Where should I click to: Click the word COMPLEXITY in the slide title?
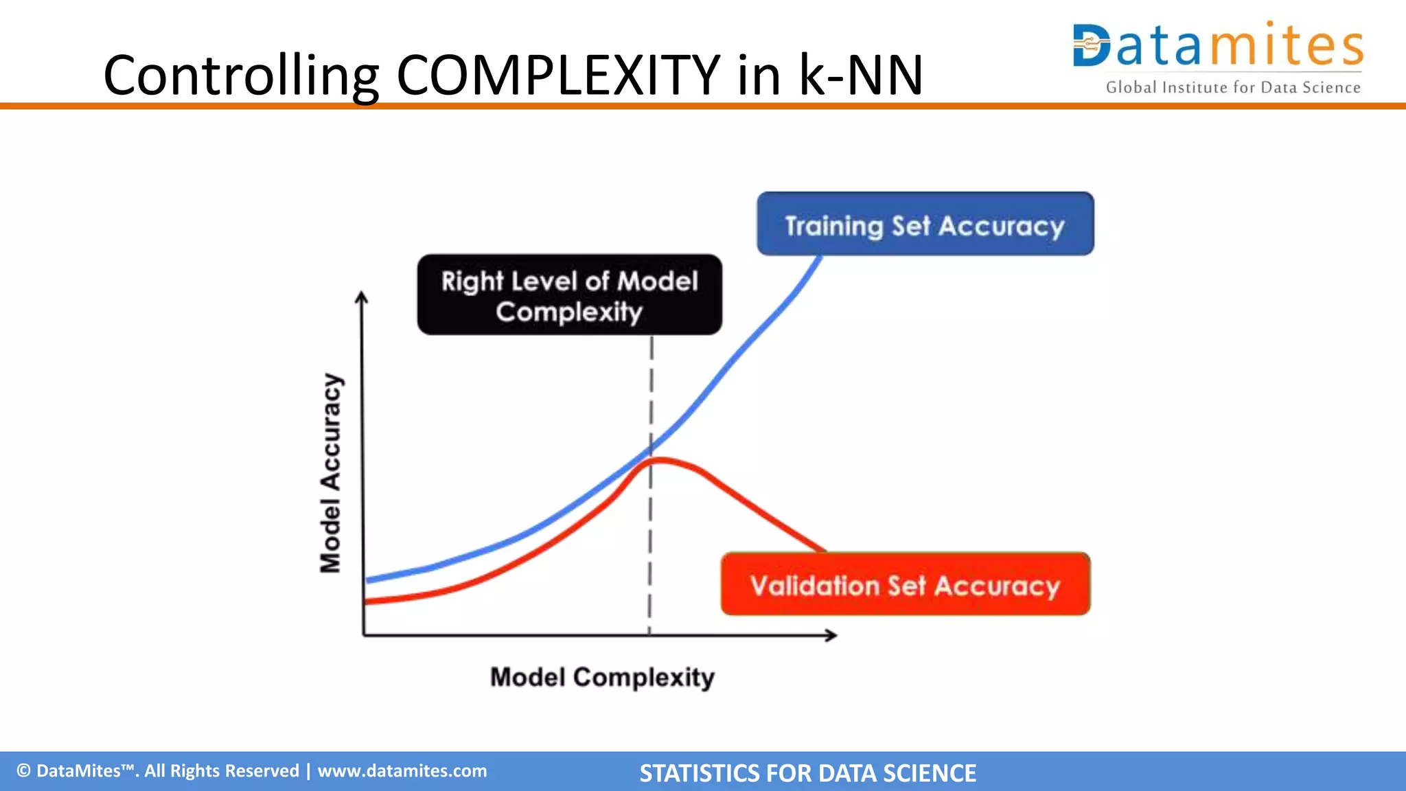[x=558, y=75]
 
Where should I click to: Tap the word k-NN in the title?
[x=861, y=75]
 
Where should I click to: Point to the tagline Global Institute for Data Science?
[x=1233, y=87]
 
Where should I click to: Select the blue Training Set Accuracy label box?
[x=925, y=225]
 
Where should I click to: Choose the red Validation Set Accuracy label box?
[x=905, y=584]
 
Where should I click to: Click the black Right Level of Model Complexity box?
[x=569, y=295]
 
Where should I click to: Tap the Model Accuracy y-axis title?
[x=331, y=473]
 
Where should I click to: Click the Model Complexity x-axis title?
[x=602, y=677]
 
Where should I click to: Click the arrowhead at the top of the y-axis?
[x=362, y=297]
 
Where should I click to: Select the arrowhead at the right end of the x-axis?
[x=832, y=635]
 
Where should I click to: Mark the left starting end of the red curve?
[x=367, y=601]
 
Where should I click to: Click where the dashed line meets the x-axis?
[x=649, y=635]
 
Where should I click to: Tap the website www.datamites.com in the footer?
[x=402, y=771]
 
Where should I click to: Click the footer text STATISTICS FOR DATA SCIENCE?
[x=807, y=773]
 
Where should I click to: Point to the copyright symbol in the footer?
[x=23, y=771]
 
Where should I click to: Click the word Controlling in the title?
[x=240, y=75]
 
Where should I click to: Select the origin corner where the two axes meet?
[x=363, y=635]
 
